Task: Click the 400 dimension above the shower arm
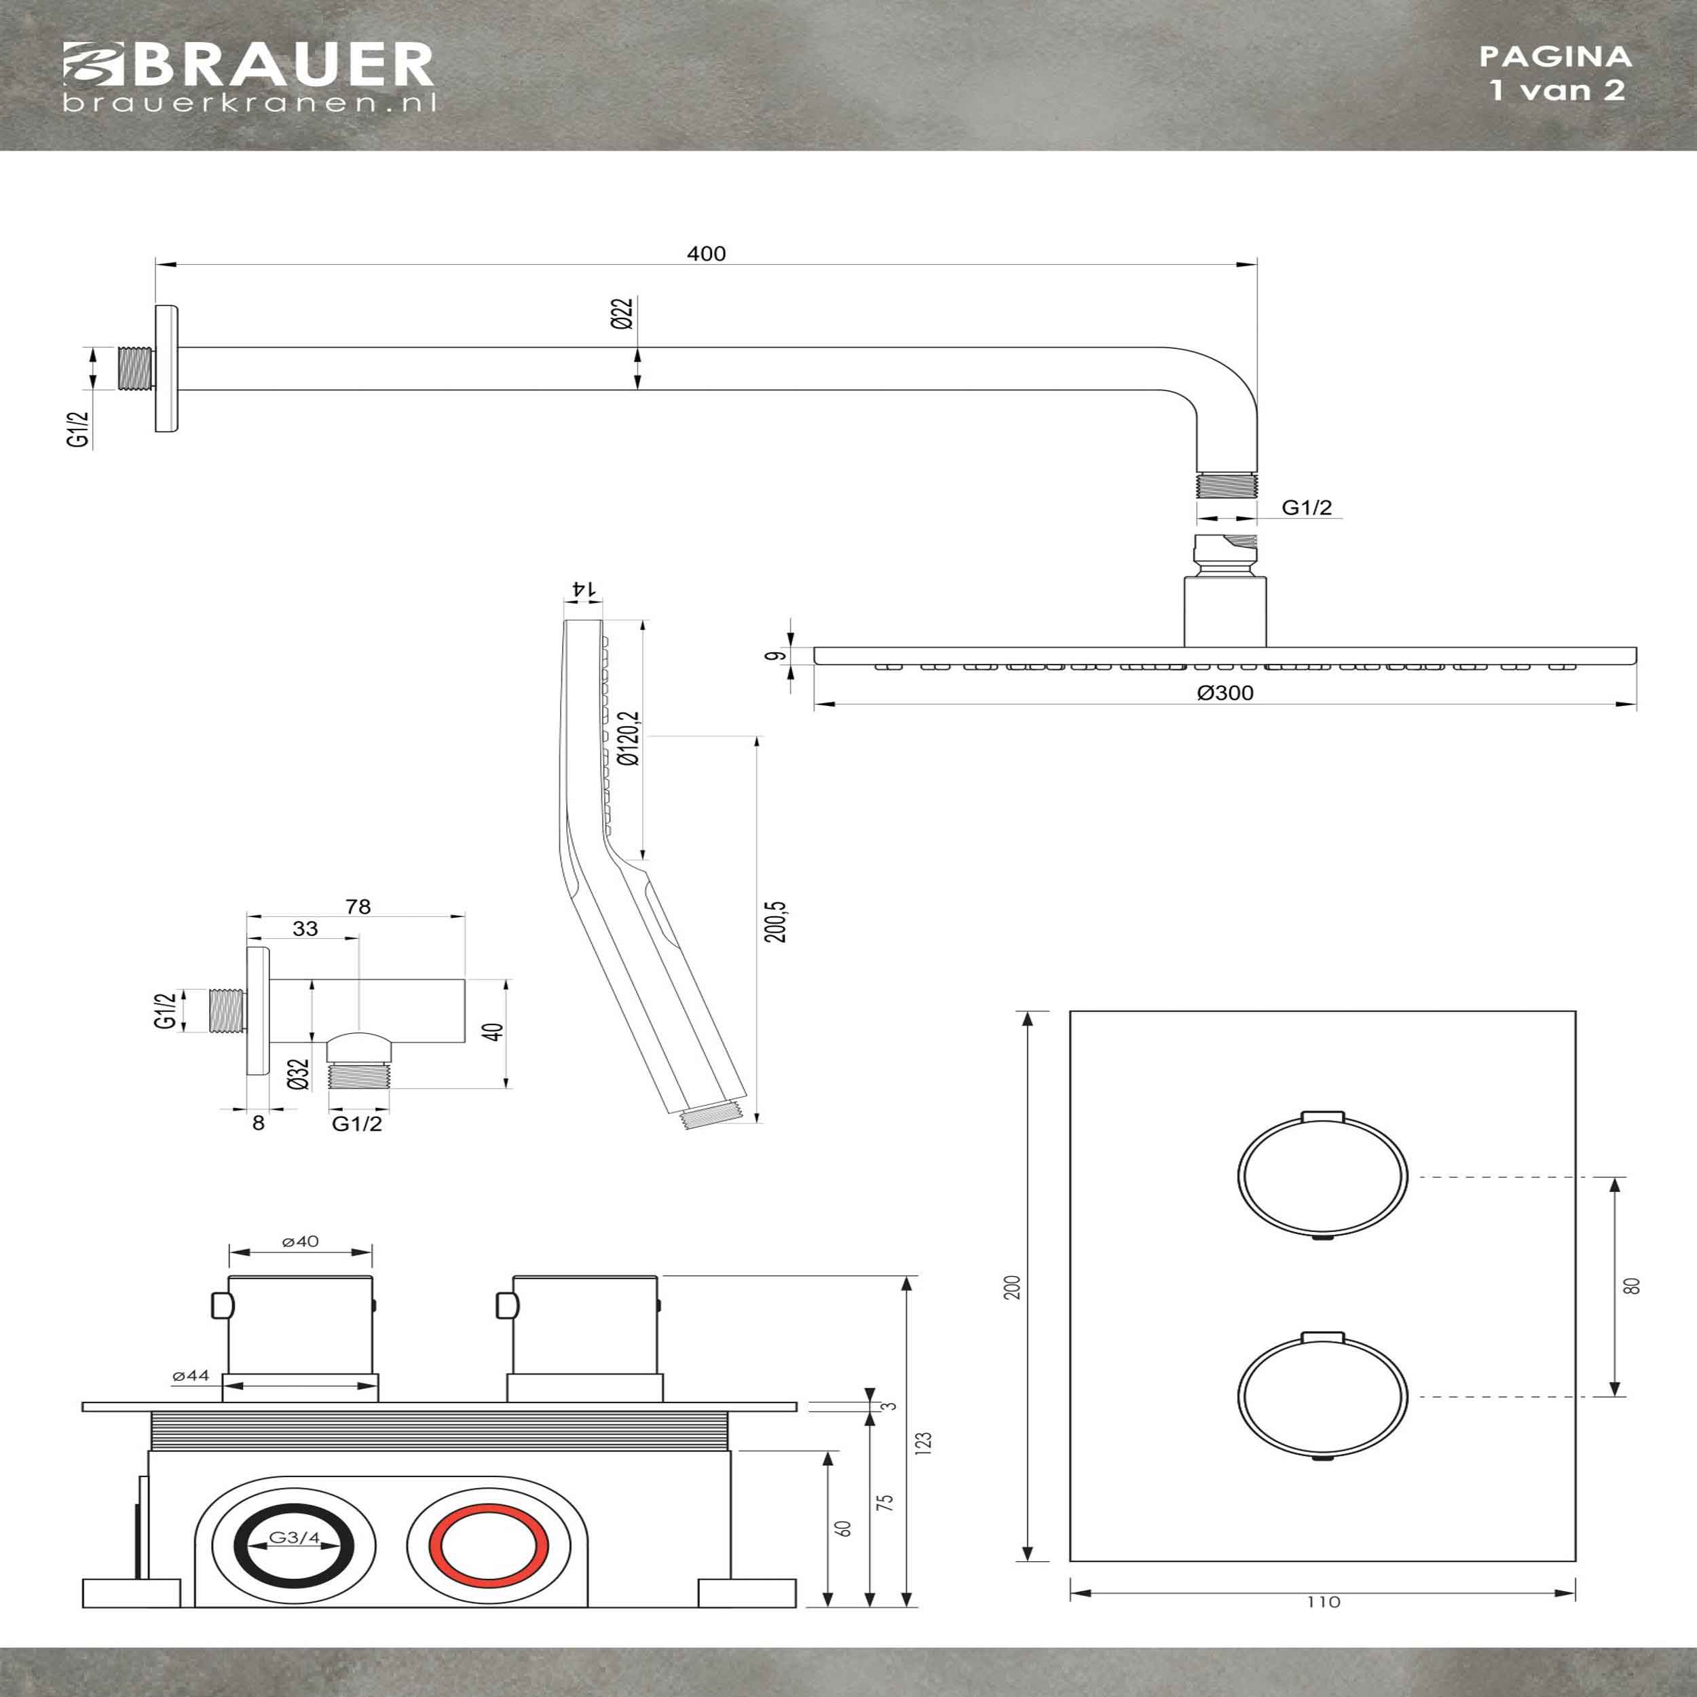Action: [706, 254]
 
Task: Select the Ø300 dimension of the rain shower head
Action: [1225, 693]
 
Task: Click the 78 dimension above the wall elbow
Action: [358, 906]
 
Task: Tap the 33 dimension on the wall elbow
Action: [305, 929]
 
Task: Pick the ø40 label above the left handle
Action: [301, 1241]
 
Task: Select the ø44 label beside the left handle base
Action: [191, 1375]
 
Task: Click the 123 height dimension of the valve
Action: [922, 1442]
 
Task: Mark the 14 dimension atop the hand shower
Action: [580, 589]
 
